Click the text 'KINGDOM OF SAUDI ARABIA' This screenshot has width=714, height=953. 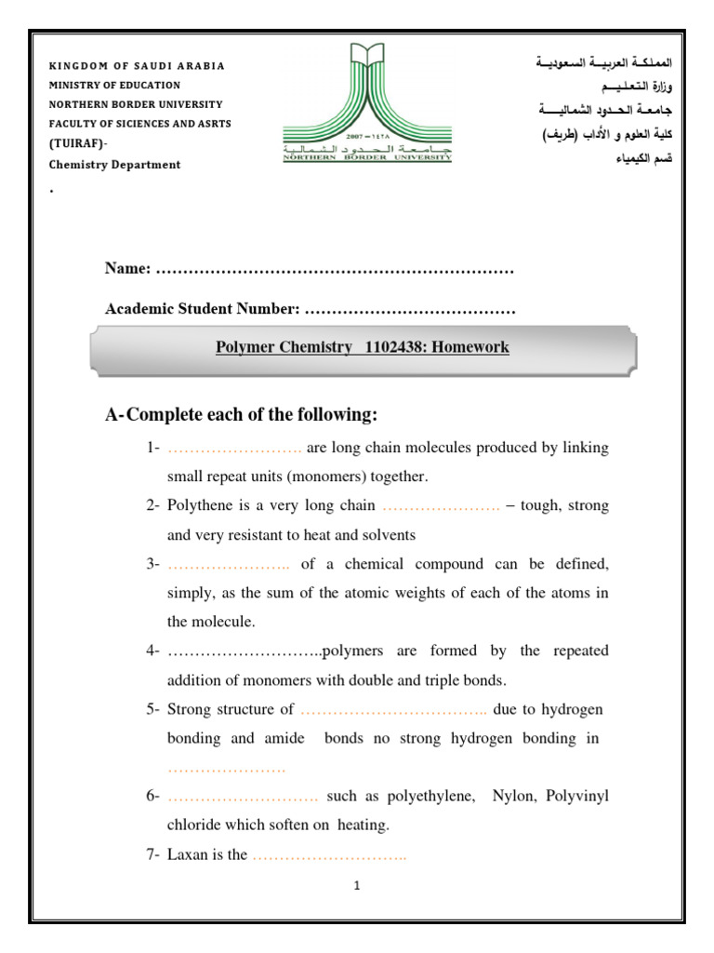pyautogui.click(x=137, y=66)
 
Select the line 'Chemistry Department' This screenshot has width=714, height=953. pyautogui.click(x=114, y=165)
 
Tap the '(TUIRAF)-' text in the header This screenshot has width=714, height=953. pyautogui.click(x=78, y=144)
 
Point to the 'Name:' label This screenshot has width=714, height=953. pyautogui.click(x=128, y=269)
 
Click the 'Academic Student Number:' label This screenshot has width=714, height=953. pyautogui.click(x=202, y=308)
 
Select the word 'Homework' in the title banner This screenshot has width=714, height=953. pyautogui.click(x=474, y=347)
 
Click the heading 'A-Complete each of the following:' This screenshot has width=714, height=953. pyautogui.click(x=243, y=414)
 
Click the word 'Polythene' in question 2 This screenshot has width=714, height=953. pyautogui.click(x=197, y=505)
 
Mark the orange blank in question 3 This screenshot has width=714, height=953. pyautogui.click(x=229, y=564)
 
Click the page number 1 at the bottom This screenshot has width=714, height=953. pyautogui.click(x=356, y=886)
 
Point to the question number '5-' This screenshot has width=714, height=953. pyautogui.click(x=153, y=709)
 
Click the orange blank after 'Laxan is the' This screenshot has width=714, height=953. pyautogui.click(x=329, y=854)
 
